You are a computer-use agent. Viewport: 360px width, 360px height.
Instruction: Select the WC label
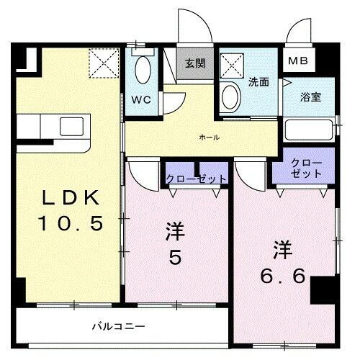140,100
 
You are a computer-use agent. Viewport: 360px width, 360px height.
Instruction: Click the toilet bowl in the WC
143,72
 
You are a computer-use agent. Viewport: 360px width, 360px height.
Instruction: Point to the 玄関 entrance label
194,63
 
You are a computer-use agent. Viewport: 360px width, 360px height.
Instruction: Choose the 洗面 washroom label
258,82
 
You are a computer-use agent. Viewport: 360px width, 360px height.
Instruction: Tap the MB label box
298,60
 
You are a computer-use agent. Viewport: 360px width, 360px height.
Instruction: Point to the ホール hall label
208,137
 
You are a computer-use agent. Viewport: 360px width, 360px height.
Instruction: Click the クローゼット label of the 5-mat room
196,179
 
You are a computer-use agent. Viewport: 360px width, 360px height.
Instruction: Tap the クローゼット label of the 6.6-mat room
307,169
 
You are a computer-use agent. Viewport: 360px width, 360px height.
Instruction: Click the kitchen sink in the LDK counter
72,125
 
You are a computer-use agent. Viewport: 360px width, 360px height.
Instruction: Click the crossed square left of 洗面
233,66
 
